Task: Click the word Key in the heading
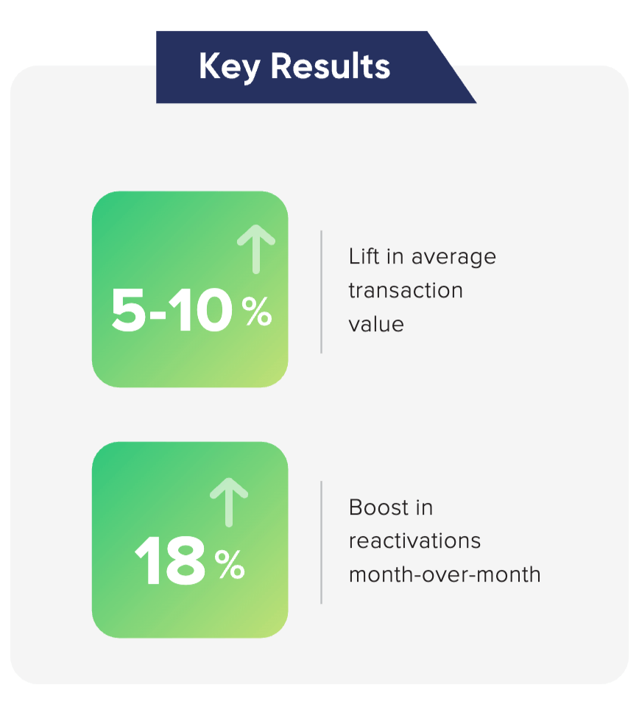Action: pos(229,67)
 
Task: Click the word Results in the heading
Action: pos(330,67)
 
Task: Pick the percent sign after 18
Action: pos(229,566)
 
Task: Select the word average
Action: pos(454,257)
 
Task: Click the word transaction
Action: pos(406,290)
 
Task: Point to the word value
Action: pos(376,323)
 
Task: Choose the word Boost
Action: pos(381,507)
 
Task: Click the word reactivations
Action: pos(414,540)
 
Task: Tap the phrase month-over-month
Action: pos(445,574)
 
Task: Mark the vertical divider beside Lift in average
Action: pos(321,292)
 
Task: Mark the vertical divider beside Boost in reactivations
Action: pos(321,542)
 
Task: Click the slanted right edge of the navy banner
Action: pos(452,67)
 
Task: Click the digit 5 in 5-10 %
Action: pos(128,311)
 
